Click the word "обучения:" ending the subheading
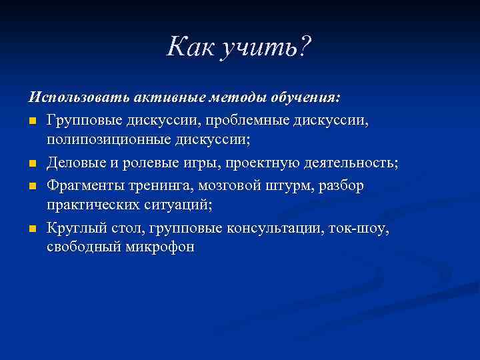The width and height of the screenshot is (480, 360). pos(306,98)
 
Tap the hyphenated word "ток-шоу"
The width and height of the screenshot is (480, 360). pos(359,229)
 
